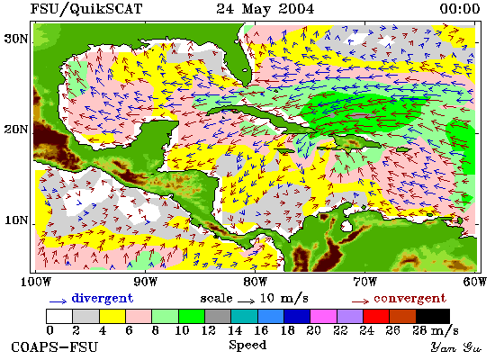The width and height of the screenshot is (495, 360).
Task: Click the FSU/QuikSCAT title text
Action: [x=86, y=9]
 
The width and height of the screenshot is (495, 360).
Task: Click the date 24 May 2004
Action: [x=265, y=9]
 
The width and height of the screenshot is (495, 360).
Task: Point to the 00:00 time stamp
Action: [x=460, y=8]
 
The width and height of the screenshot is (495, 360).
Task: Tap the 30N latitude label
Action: [x=16, y=39]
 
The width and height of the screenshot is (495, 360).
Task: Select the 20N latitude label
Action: [x=16, y=130]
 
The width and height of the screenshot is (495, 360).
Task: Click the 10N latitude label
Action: [x=16, y=220]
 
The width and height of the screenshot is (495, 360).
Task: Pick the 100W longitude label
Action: [x=36, y=282]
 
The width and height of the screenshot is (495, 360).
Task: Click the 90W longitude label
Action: [x=146, y=282]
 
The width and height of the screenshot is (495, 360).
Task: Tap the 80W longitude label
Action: [x=256, y=282]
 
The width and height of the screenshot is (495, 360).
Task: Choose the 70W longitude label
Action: [x=364, y=282]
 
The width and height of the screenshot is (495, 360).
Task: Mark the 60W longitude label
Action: [x=475, y=282]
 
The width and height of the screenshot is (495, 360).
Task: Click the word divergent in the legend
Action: [x=103, y=298]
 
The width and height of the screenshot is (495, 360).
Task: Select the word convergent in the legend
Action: [x=410, y=298]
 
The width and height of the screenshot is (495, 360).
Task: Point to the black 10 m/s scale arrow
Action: [x=247, y=301]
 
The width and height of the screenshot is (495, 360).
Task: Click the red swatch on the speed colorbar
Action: [x=376, y=316]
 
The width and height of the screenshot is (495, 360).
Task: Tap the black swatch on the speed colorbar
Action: [x=433, y=316]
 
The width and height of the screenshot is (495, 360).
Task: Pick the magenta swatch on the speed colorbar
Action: [x=323, y=316]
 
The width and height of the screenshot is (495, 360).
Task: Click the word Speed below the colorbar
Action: [x=247, y=345]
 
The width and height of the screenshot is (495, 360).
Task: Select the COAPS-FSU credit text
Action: [x=54, y=347]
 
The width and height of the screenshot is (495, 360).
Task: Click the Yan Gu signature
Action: [x=456, y=347]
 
